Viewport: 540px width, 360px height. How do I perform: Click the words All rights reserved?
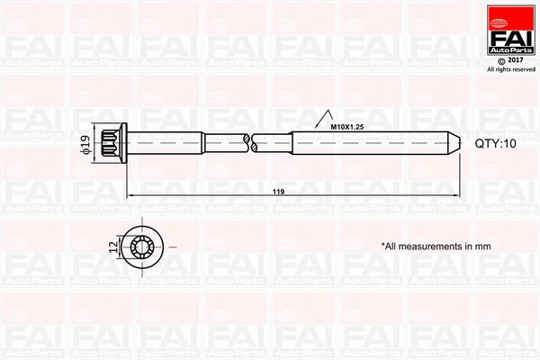[x=510, y=69]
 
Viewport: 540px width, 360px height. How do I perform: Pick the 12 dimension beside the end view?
[x=112, y=245]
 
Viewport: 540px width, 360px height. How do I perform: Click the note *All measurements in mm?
[x=435, y=245]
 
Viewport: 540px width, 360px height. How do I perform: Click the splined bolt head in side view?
[x=114, y=143]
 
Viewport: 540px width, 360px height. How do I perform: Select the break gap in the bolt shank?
[x=249, y=142]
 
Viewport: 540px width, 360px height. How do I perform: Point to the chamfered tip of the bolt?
[x=454, y=143]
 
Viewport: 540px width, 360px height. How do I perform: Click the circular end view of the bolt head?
[x=143, y=245]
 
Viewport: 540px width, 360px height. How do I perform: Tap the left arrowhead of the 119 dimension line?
[x=130, y=193]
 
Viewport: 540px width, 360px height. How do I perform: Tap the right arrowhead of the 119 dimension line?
[x=456, y=193]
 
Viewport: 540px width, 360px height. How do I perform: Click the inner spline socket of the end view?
[x=143, y=245]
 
